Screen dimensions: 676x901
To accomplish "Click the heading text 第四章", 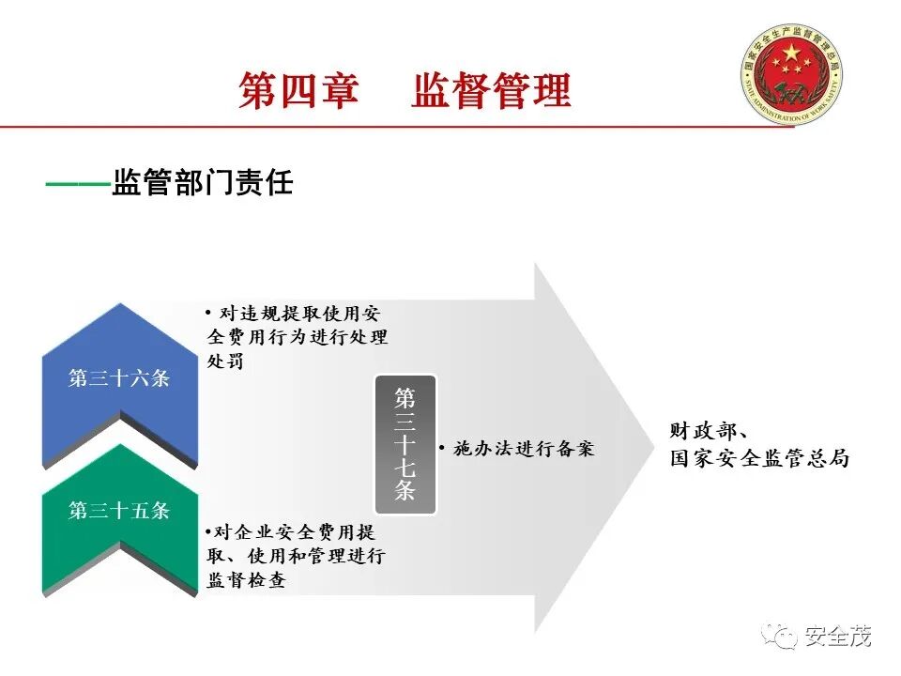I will click(298, 91).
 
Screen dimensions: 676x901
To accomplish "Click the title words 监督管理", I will click(491, 91).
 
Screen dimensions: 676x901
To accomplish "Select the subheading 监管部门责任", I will click(203, 182).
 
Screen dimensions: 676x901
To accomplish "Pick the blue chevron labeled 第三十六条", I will click(119, 379).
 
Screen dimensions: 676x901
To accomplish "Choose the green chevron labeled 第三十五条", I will click(119, 512).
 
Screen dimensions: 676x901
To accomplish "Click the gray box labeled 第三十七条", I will click(405, 443).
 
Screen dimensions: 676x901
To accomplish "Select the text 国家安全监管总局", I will click(759, 459).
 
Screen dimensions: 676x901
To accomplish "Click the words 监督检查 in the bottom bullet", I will click(246, 580).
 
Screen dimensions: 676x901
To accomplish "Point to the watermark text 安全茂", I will click(838, 638).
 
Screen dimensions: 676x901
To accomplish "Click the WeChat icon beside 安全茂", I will click(780, 638).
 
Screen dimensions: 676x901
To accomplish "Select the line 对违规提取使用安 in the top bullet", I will click(298, 313).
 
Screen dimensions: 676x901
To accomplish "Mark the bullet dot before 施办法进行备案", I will click(442, 450).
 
